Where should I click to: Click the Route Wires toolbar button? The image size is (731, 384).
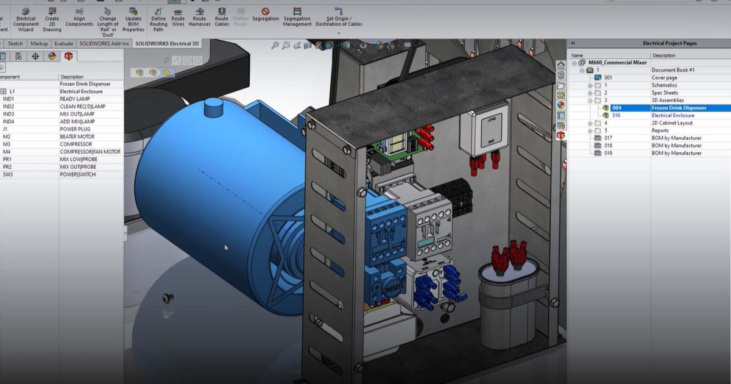pyautogui.click(x=178, y=18)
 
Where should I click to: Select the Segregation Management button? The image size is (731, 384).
pyautogui.click(x=297, y=18)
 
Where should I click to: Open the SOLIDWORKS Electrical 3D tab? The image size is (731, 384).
pyautogui.click(x=167, y=44)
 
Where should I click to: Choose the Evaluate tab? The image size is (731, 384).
pyautogui.click(x=64, y=44)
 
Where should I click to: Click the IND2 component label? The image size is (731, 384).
pyautogui.click(x=9, y=107)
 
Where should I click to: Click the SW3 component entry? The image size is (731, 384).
pyautogui.click(x=7, y=174)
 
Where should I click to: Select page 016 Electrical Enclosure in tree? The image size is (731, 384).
pyautogui.click(x=673, y=115)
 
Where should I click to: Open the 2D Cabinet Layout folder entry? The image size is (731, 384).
pyautogui.click(x=672, y=123)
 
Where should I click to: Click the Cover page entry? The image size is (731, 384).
pyautogui.click(x=664, y=77)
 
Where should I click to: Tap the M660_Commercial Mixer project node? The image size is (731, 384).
pyautogui.click(x=618, y=62)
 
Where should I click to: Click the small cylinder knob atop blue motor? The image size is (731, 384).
pyautogui.click(x=214, y=108)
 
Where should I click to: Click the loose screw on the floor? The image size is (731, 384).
pyautogui.click(x=168, y=298)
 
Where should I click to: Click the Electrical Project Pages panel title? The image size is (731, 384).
pyautogui.click(x=669, y=43)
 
